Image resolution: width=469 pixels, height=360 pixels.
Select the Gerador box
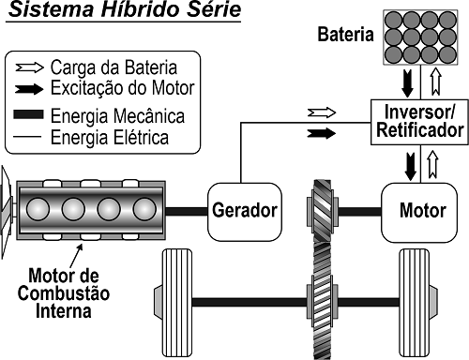point(244,208)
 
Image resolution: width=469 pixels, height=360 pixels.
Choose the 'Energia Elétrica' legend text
point(126,138)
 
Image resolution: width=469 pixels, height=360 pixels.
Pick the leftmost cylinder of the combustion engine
point(39,207)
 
